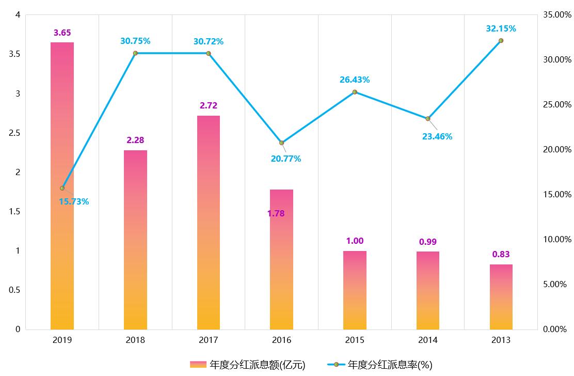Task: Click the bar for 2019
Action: pos(62,186)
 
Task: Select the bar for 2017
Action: pos(209,222)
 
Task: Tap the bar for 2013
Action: pos(501,297)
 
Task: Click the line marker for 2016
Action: pos(282,143)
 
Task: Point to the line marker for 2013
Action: pos(501,40)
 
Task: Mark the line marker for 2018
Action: pos(135,53)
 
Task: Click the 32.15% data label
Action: pos(501,28)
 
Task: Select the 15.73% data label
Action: pos(74,201)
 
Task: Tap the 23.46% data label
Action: pos(437,136)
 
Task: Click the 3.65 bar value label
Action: pos(62,33)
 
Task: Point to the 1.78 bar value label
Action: pos(276,213)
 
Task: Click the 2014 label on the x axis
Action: pos(428,340)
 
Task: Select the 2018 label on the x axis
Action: pos(135,340)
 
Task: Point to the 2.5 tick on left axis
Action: pos(14,133)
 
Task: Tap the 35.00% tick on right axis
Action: pos(557,15)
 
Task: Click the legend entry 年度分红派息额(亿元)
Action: pos(248,365)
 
